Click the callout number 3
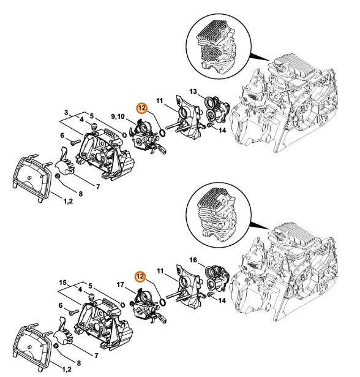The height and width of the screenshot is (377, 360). [x=68, y=112]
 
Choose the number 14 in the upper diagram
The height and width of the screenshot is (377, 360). [x=222, y=130]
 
